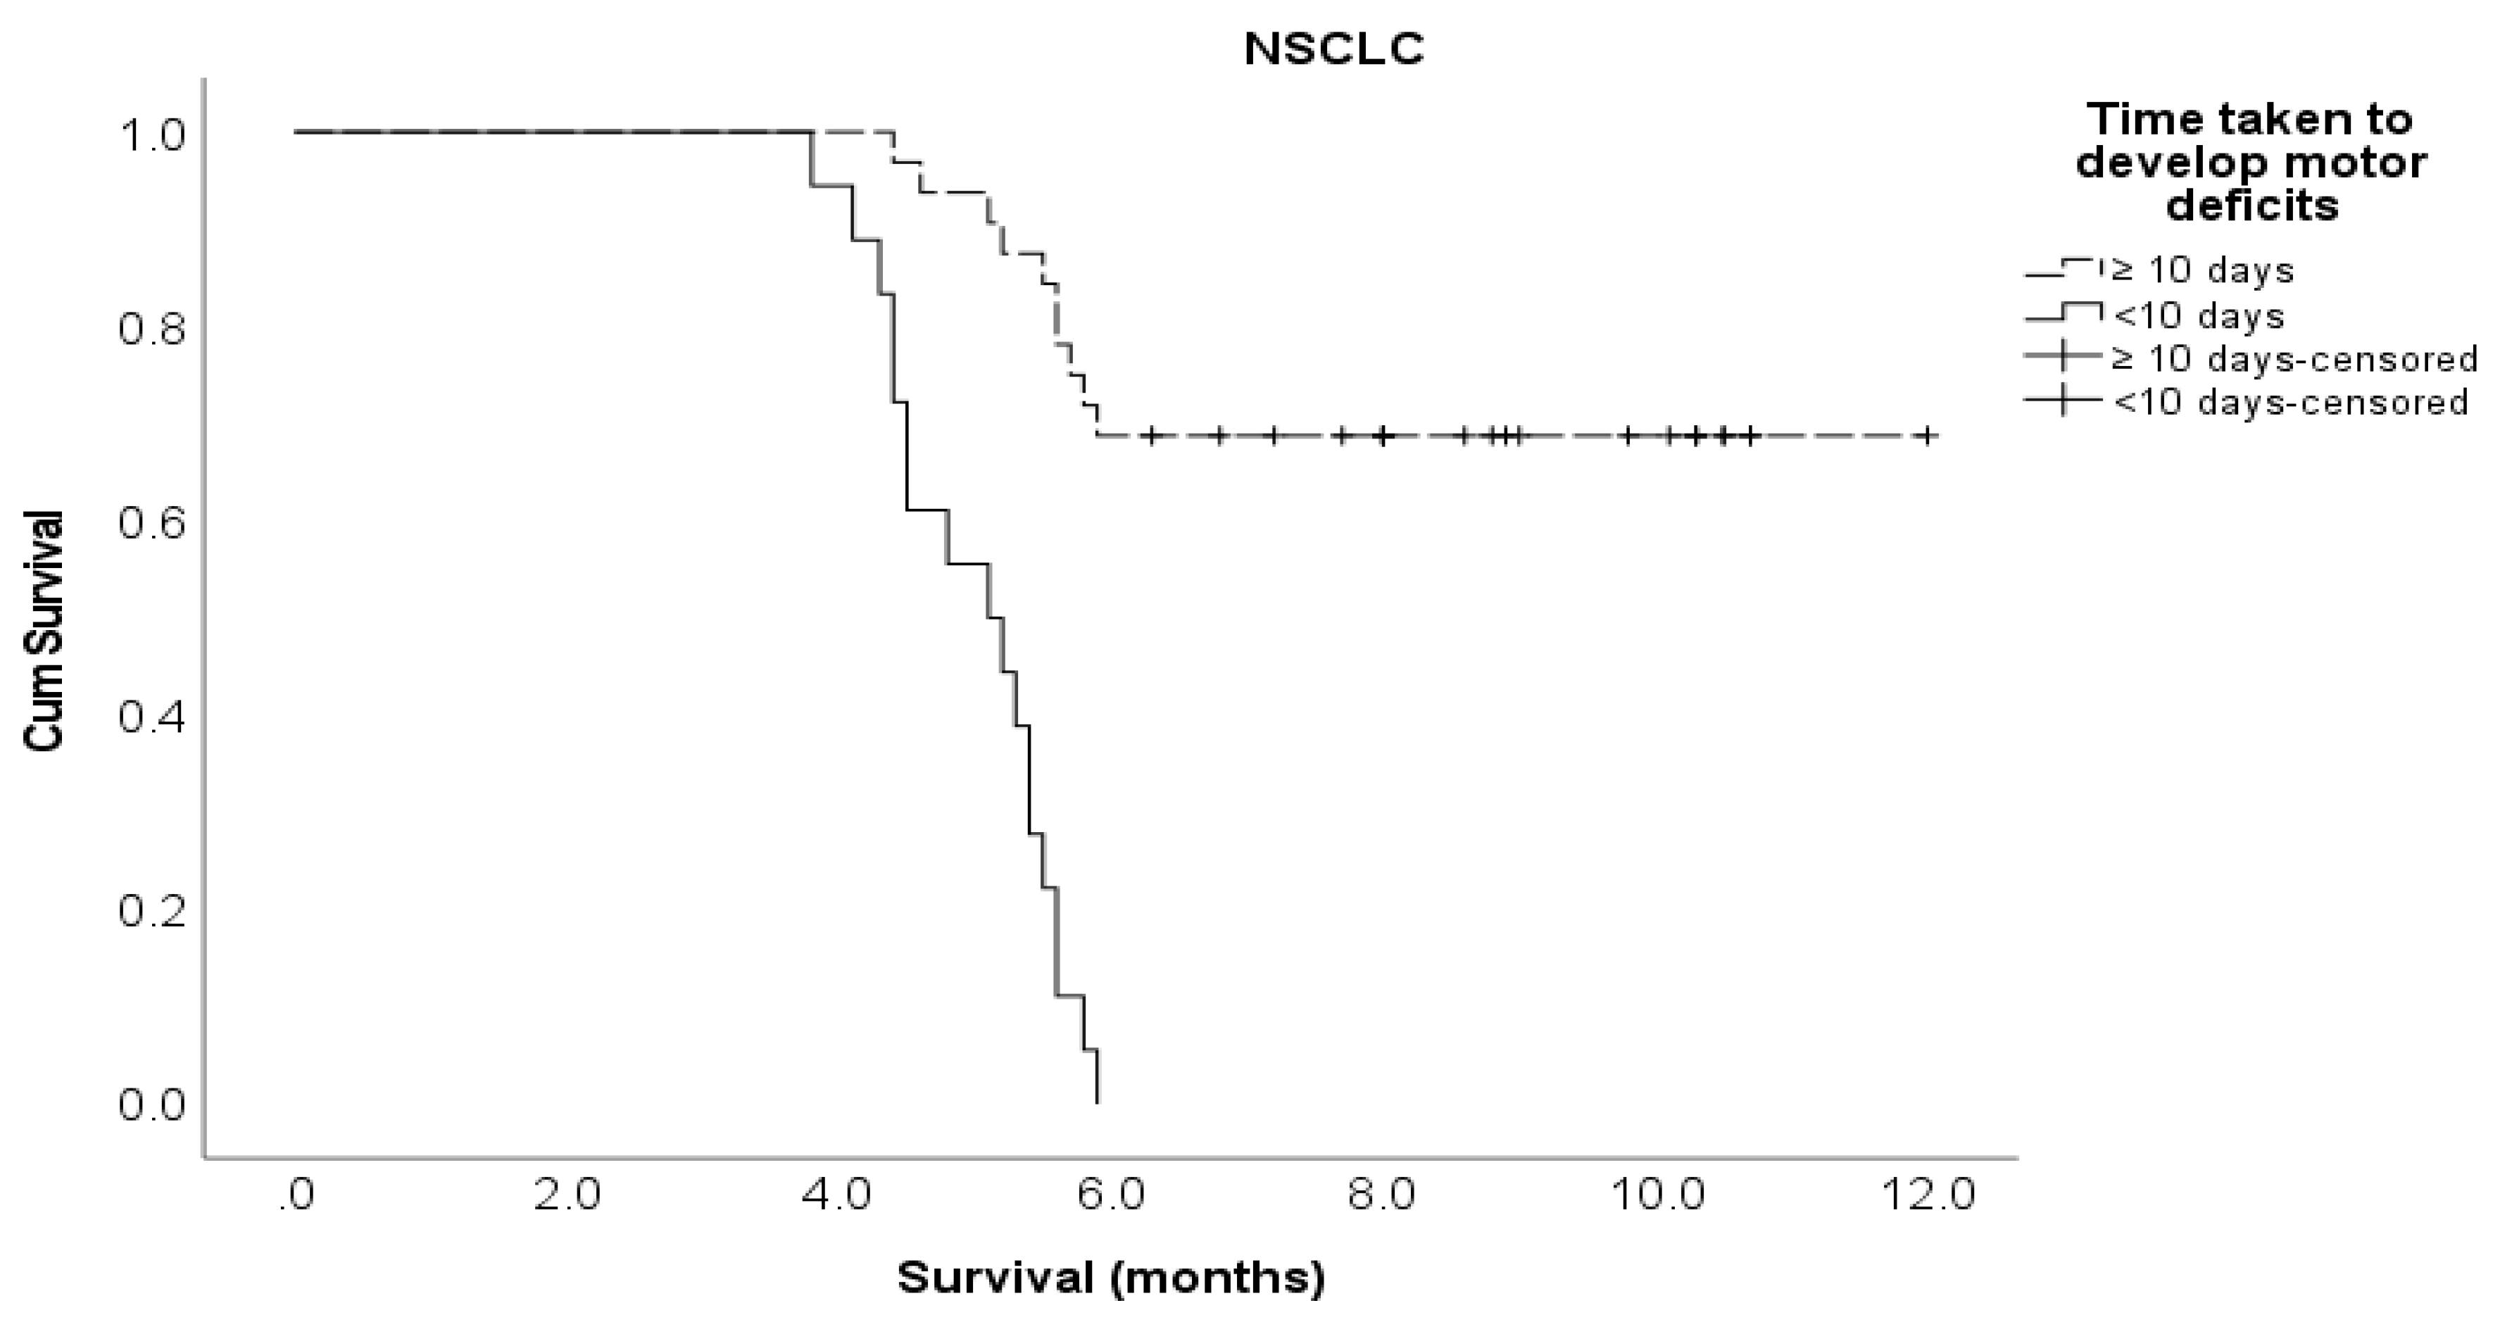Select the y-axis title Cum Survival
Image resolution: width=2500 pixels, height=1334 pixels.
(x=43, y=631)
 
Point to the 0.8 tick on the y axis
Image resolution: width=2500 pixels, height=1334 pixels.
(x=151, y=330)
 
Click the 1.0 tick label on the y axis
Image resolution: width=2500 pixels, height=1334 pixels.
(x=151, y=136)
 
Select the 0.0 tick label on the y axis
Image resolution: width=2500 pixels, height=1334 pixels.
(x=151, y=1104)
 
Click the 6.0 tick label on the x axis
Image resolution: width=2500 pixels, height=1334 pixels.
(x=1112, y=1195)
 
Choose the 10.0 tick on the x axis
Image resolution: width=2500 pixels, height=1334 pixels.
(x=1657, y=1195)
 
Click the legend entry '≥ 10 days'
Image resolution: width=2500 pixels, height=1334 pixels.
(x=2201, y=270)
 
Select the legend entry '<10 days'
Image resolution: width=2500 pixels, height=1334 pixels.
(x=2197, y=316)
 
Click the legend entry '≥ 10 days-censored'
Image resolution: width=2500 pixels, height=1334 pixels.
(x=2292, y=359)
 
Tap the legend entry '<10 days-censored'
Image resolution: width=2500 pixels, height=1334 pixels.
(x=2288, y=402)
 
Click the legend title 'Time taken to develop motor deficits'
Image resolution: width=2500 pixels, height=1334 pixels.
(x=2251, y=163)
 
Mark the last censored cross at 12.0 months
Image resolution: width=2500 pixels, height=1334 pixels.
(x=1929, y=436)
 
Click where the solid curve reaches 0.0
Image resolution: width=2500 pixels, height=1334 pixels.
(x=1098, y=1102)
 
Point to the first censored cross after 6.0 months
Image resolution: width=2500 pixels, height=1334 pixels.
(x=1151, y=436)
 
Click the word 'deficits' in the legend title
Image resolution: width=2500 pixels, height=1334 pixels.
(x=2251, y=206)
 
